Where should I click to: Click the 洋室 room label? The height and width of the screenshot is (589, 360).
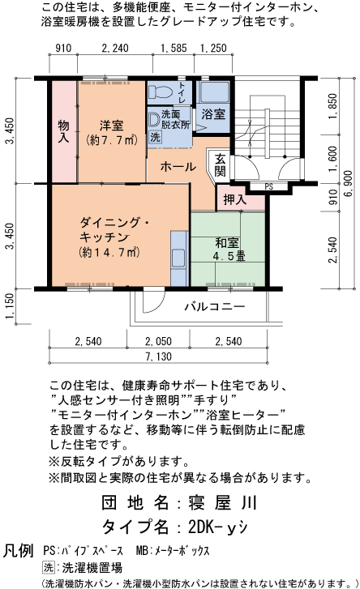coord(112,126)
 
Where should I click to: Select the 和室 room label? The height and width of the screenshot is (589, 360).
coord(227,242)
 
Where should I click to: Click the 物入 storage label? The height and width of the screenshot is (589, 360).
coord(64,132)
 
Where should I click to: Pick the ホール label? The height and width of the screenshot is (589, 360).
coord(178,167)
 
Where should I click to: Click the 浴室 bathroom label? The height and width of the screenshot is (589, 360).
coord(213,113)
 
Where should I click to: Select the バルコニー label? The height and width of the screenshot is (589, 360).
coord(214,307)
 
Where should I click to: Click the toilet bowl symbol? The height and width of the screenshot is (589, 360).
coord(159,91)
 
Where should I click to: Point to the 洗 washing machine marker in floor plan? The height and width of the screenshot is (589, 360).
coord(156,138)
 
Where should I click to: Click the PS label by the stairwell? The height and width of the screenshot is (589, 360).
coord(268,186)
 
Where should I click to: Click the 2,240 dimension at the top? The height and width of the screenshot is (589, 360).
coord(115,49)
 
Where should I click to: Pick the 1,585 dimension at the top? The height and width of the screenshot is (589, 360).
coord(174,49)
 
